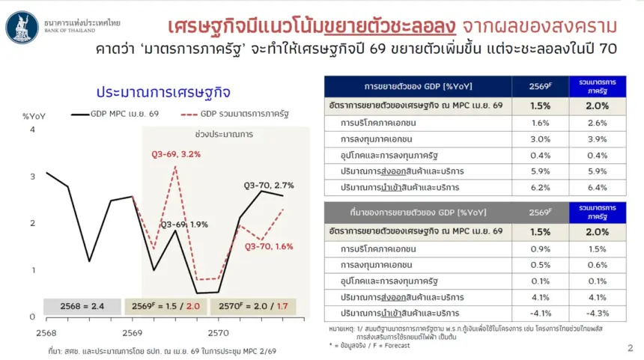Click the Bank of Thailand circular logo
pyautogui.click(x=22, y=27)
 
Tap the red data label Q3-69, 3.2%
pyautogui.click(x=176, y=154)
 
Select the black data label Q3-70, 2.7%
pyautogui.click(x=269, y=186)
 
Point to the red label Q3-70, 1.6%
pyautogui.click(x=269, y=246)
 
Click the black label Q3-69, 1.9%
pyautogui.click(x=184, y=225)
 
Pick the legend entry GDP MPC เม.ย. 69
pyautogui.click(x=115, y=114)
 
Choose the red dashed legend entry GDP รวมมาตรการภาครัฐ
pyautogui.click(x=235, y=114)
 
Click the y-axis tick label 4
pyautogui.click(x=32, y=129)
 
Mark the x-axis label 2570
pyautogui.click(x=218, y=333)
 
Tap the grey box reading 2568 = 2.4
pyautogui.click(x=82, y=306)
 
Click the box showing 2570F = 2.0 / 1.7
pyautogui.click(x=253, y=306)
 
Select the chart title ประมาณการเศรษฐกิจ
pyautogui.click(x=163, y=92)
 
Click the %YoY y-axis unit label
pyautogui.click(x=34, y=117)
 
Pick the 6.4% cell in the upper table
pyautogui.click(x=597, y=188)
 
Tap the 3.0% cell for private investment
pyautogui.click(x=540, y=139)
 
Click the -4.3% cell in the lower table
pyautogui.click(x=597, y=313)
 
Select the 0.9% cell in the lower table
pyautogui.click(x=540, y=248)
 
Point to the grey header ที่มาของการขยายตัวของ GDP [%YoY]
pyautogui.click(x=418, y=213)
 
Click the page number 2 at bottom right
pyautogui.click(x=631, y=348)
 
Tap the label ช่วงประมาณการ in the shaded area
pyautogui.click(x=224, y=134)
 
